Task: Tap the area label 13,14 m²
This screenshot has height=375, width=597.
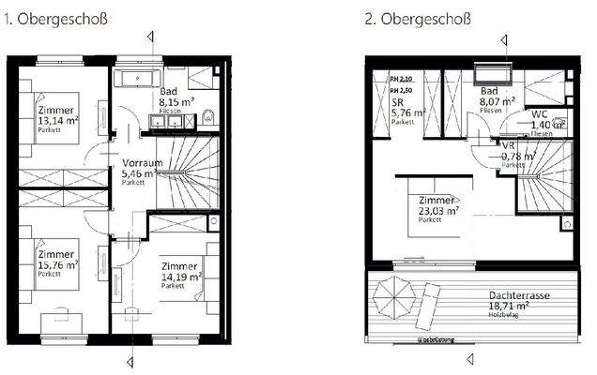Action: pos(57,119)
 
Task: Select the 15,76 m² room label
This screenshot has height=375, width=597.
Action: pos(57,265)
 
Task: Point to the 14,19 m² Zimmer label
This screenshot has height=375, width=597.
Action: pos(181,277)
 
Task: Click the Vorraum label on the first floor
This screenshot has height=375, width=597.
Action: pos(142,168)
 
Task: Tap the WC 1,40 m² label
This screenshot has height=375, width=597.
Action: pos(544,119)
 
